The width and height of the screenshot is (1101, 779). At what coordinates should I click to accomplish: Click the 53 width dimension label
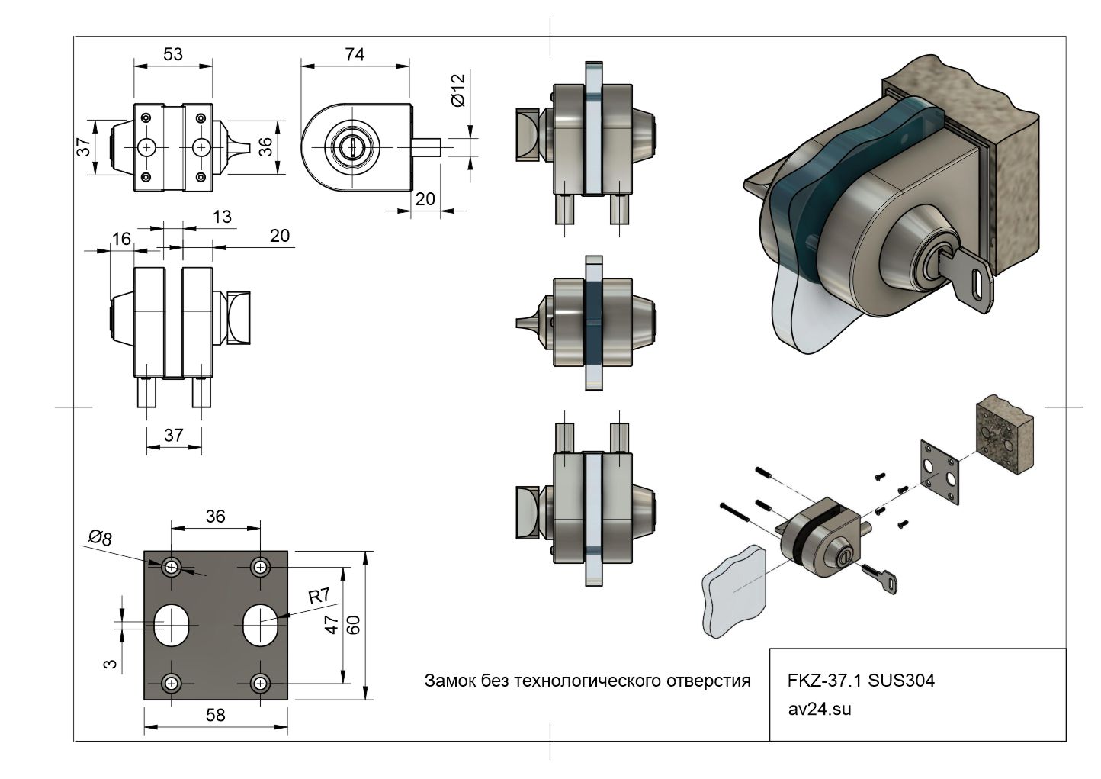pyautogui.click(x=173, y=53)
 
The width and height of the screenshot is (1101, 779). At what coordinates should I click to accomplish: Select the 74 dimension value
pyautogui.click(x=355, y=53)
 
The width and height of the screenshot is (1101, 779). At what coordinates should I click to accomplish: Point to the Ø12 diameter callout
pyautogui.click(x=457, y=90)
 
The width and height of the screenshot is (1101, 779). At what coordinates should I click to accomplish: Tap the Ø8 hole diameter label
pyautogui.click(x=100, y=538)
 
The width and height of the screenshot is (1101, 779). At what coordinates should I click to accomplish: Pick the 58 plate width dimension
pyautogui.click(x=216, y=715)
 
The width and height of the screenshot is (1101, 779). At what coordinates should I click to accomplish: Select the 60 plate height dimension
pyautogui.click(x=354, y=625)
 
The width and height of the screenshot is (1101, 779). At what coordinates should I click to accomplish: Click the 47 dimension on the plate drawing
pyautogui.click(x=331, y=625)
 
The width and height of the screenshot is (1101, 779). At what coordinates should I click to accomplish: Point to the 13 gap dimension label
pyautogui.click(x=222, y=217)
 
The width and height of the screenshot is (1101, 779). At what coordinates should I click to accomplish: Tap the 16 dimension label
pyautogui.click(x=121, y=239)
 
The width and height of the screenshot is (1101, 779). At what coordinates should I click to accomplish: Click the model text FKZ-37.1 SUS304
pyautogui.click(x=861, y=681)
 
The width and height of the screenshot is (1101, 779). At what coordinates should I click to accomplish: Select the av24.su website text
pyautogui.click(x=820, y=709)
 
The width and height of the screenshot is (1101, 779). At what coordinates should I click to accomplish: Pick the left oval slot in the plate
pyautogui.click(x=174, y=624)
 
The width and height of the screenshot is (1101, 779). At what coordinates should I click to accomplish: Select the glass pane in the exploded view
pyautogui.click(x=732, y=590)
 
